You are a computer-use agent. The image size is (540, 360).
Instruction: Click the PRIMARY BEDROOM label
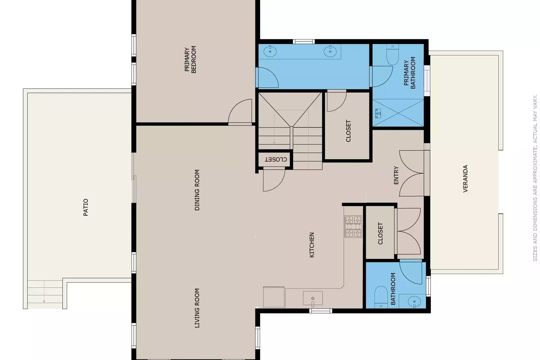tap(190, 59)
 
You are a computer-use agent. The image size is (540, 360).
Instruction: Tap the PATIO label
tap(86, 207)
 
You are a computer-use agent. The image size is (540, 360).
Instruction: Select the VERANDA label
tap(465, 179)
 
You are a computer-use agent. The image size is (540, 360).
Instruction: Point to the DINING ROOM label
tap(197, 190)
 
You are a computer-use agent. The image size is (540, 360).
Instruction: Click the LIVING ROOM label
tap(197, 308)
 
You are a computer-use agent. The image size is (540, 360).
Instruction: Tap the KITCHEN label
tap(312, 245)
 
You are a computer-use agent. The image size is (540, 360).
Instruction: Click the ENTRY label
tap(396, 175)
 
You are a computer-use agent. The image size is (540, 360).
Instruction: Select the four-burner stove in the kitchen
tap(353, 227)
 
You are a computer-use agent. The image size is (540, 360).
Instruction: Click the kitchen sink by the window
tap(313, 299)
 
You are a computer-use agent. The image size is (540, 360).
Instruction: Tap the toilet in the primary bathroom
tap(392, 55)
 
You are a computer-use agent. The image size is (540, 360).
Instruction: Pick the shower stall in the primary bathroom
tap(398, 113)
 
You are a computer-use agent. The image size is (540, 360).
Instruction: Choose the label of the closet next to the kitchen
tap(381, 233)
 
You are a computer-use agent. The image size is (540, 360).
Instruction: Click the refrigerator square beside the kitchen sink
tap(274, 297)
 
